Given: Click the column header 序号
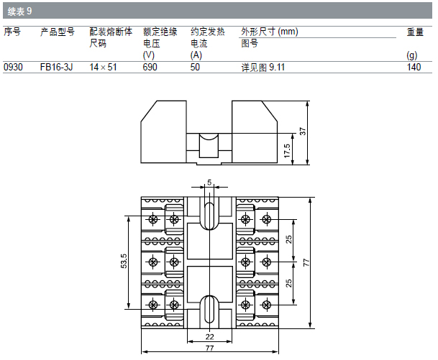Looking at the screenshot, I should pos(12,32).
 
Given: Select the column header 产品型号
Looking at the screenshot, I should pos(57,32).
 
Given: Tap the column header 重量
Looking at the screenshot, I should pos(415,32).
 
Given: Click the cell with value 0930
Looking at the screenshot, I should pos(14,67).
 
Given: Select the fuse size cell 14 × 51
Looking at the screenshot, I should pos(103,67).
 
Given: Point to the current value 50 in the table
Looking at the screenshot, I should pos(195,67).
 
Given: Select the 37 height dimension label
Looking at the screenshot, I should pos(303,131).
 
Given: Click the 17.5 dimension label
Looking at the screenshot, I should pos(286,150).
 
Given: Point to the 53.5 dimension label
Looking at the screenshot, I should pos(124,261).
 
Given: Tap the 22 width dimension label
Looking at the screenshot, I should pos(210,336).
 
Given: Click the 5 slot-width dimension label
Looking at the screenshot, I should pos(210,183).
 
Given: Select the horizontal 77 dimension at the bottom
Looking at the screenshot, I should pos(210,349).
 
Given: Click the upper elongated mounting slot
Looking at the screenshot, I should pos(210,214).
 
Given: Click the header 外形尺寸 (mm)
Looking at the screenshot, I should pos(270,32).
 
